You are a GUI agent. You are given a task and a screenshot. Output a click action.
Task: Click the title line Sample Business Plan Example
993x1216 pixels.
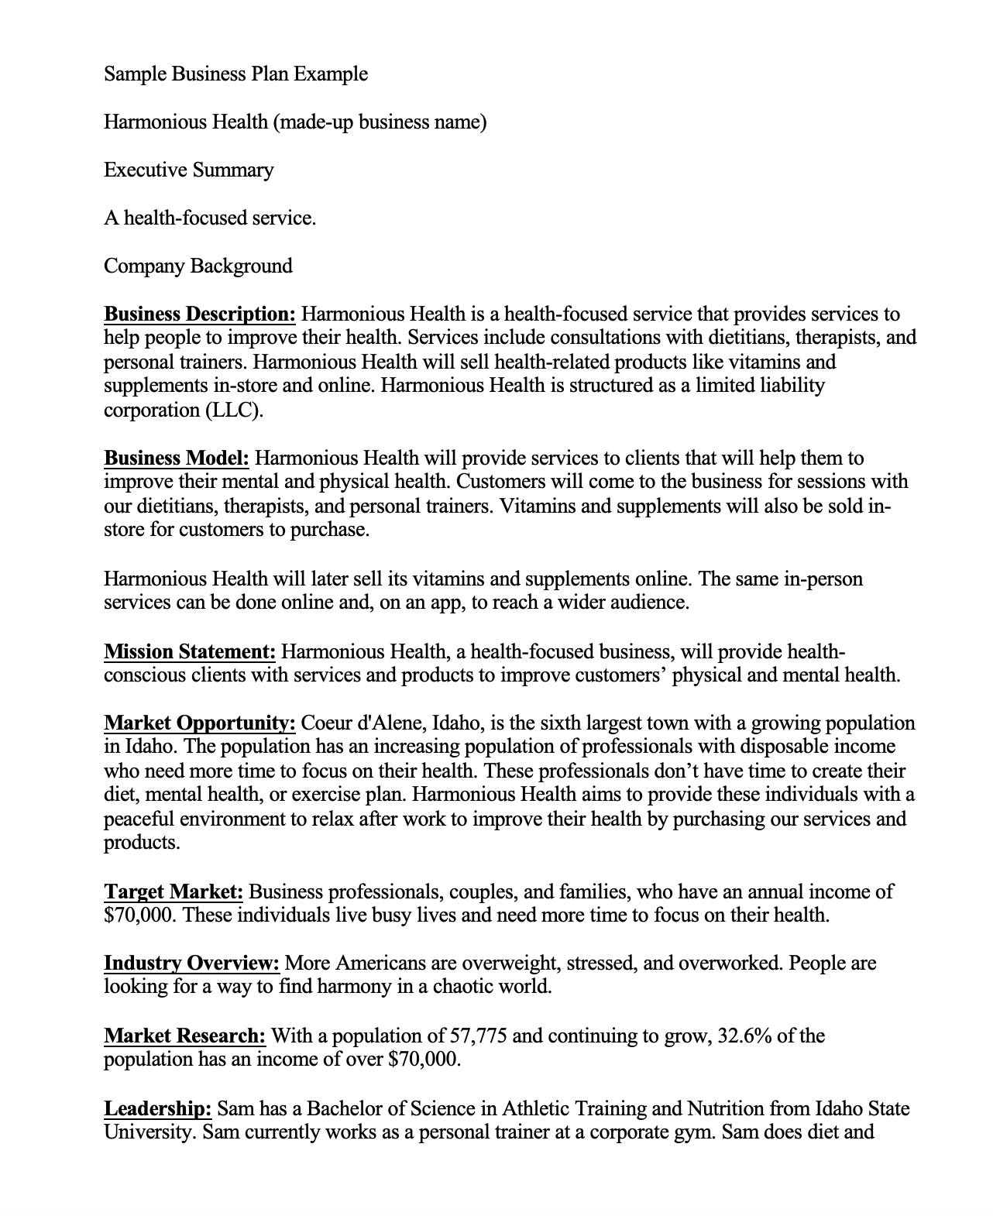(x=235, y=74)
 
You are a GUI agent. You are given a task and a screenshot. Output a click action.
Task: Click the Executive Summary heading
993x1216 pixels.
(x=188, y=170)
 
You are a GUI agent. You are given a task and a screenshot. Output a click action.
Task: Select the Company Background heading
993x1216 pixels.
(x=198, y=266)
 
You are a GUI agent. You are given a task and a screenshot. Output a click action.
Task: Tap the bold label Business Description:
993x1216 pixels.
(x=199, y=314)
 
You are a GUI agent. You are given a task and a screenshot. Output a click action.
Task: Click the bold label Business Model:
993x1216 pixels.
(x=176, y=459)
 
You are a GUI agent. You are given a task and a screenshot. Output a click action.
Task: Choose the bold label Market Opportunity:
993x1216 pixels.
(x=199, y=723)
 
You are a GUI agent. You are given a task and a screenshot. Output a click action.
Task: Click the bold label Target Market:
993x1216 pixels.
(x=173, y=891)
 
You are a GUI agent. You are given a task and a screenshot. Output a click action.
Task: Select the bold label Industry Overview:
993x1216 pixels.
(x=191, y=964)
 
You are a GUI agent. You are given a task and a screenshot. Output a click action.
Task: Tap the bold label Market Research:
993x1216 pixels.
(x=184, y=1036)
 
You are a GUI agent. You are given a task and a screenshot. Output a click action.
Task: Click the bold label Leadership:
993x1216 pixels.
(x=157, y=1108)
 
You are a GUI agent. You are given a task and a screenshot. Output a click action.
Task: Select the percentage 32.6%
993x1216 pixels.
(x=744, y=1036)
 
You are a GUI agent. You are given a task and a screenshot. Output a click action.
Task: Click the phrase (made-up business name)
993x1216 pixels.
(x=380, y=122)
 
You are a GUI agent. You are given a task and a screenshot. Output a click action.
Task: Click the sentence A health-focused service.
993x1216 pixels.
(x=209, y=218)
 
